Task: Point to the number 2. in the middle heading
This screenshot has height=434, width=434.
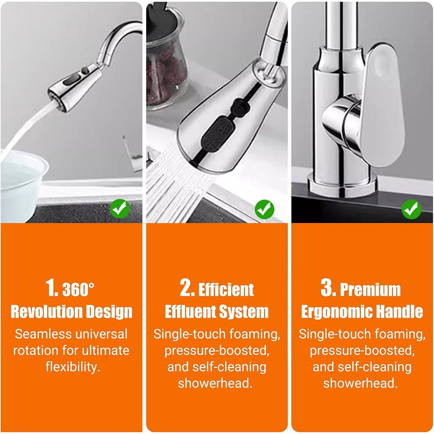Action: (187, 288)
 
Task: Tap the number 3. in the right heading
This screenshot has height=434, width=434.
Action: (329, 288)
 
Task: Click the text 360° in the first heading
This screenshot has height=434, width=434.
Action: (78, 290)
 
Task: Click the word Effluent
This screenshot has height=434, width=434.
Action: (190, 311)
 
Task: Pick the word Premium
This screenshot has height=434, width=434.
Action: (370, 289)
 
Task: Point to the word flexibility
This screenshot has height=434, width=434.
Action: (73, 367)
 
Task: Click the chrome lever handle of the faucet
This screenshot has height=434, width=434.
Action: (382, 104)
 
